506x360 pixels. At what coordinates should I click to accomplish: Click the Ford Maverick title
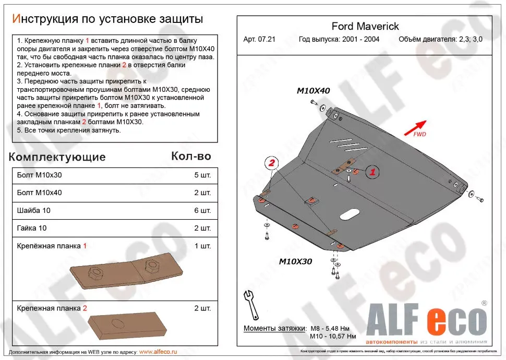click(365, 26)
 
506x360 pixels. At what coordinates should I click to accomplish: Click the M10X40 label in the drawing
click(314, 91)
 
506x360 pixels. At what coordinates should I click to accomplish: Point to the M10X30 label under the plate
click(295, 261)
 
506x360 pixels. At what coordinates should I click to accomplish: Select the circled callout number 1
click(372, 171)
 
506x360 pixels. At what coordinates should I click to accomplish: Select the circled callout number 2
click(272, 164)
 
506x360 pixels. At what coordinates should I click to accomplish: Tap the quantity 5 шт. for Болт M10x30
click(202, 175)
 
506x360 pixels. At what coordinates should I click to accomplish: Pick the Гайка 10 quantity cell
click(202, 228)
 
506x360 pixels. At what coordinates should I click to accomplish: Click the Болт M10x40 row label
click(39, 193)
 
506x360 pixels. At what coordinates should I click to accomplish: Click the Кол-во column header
click(191, 157)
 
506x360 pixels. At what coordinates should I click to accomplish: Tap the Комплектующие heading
click(57, 157)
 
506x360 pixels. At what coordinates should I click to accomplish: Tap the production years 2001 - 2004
click(339, 40)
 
